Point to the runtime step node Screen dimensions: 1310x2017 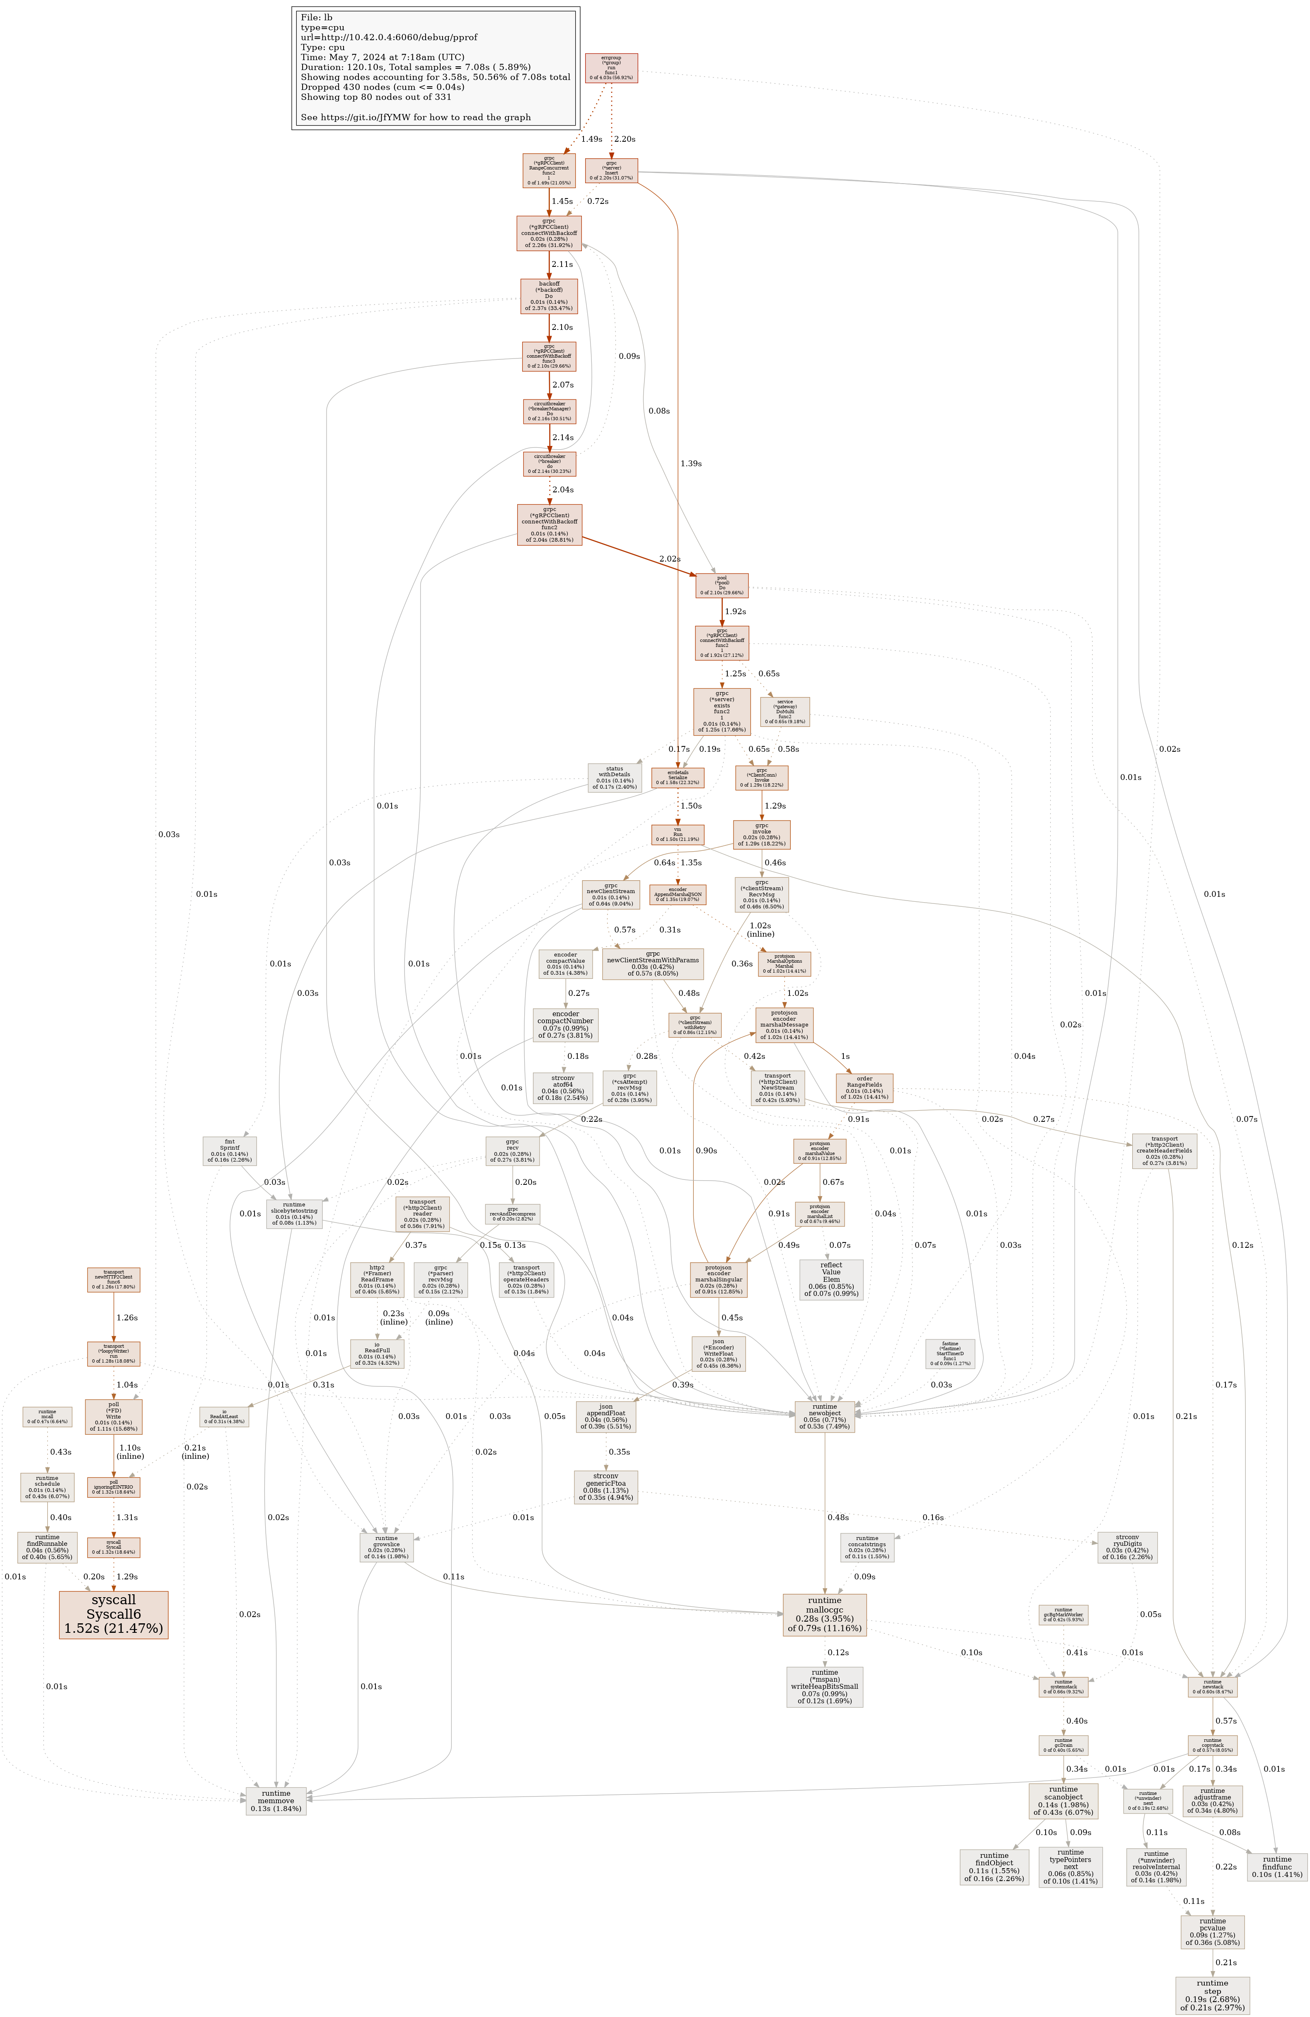click(1212, 1994)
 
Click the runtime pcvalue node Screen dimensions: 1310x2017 click(1212, 1931)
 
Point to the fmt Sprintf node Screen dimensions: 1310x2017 click(230, 1151)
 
